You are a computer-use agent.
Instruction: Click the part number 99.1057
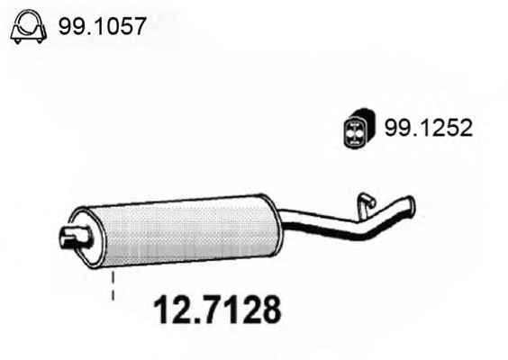point(103,26)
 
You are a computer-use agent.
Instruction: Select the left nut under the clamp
point(17,40)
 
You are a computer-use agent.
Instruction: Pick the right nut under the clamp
point(40,40)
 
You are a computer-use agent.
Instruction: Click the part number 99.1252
point(429,128)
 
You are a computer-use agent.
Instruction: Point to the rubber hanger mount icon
point(359,129)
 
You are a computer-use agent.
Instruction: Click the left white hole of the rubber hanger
point(351,132)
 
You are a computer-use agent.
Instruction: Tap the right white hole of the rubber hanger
point(359,132)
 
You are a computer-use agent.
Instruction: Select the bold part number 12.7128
point(217,310)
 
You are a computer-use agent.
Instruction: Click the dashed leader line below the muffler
point(113,286)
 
